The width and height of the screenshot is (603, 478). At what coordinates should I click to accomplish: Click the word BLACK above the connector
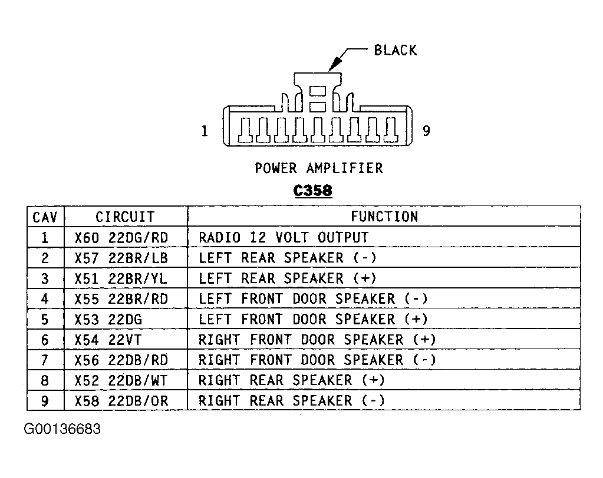(396, 50)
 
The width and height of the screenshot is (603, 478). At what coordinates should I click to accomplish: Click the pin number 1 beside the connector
(204, 131)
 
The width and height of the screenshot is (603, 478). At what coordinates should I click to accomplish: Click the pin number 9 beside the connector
(426, 131)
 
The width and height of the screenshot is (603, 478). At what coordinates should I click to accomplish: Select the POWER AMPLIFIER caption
(319, 168)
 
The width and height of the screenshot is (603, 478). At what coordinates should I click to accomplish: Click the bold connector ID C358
(312, 190)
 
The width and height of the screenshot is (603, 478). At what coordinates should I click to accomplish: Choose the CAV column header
(45, 217)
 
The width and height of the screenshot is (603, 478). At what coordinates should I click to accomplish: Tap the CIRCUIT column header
(125, 217)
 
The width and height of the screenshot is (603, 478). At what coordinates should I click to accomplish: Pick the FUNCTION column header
(384, 217)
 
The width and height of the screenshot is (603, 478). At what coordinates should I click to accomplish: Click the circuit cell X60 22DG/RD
(121, 238)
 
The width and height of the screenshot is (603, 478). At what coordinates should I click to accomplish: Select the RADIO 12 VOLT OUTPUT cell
(284, 238)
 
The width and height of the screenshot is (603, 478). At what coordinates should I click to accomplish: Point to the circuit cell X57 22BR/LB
(121, 258)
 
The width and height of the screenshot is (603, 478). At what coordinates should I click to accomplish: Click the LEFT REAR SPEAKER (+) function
(287, 278)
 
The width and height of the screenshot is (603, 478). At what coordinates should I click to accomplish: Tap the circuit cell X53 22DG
(108, 320)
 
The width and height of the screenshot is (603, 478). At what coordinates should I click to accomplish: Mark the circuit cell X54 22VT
(108, 340)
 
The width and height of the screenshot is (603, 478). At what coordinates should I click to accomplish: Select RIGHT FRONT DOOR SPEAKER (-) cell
(317, 360)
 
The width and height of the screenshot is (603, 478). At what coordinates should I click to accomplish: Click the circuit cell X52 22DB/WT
(121, 380)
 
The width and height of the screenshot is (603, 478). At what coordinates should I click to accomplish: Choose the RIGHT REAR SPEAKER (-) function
(292, 401)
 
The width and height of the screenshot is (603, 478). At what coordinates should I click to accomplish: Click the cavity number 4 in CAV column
(45, 299)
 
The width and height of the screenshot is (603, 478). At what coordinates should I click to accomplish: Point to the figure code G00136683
(62, 429)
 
